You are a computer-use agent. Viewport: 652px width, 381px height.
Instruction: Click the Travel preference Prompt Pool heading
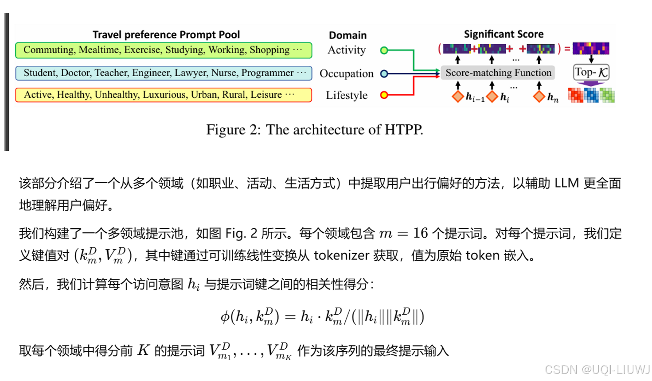coord(166,35)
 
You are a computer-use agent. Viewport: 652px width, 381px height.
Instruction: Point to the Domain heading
coord(347,35)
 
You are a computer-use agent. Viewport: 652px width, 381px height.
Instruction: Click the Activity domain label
coord(347,50)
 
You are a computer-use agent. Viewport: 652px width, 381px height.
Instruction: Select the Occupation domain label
coord(346,73)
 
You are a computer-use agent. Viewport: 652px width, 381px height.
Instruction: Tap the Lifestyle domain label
coord(347,96)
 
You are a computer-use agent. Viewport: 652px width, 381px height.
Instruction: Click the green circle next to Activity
coord(384,50)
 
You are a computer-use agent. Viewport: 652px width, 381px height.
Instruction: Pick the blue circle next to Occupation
coord(384,73)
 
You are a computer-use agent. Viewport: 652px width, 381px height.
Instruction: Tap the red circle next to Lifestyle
coord(384,95)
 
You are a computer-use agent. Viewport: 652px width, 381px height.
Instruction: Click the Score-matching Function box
coord(498,73)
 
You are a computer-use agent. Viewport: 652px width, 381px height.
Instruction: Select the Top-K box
coord(591,73)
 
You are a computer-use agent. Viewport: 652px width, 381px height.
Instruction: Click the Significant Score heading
coord(504,35)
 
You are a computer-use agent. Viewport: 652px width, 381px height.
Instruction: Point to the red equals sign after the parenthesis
coord(567,49)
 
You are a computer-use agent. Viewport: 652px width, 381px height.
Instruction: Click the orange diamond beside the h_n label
coord(539,96)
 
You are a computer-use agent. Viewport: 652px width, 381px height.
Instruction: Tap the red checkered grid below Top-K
coord(575,95)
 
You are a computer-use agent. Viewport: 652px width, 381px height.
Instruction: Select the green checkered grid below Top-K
coord(607,95)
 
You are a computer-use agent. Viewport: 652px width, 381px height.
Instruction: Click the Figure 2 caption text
coord(315,130)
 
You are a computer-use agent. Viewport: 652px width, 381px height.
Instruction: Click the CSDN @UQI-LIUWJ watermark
coord(597,369)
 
